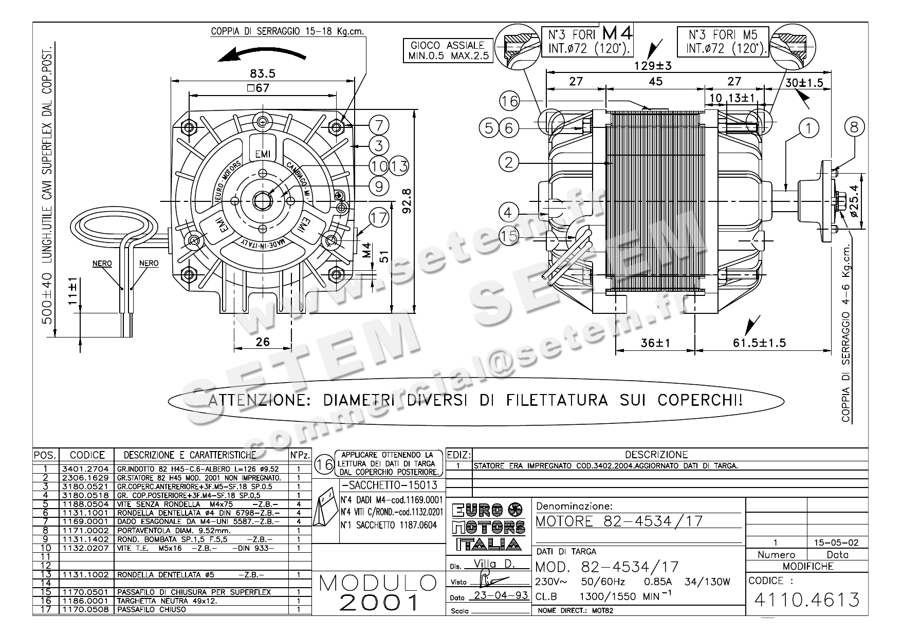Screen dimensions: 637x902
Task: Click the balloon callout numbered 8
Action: click(854, 126)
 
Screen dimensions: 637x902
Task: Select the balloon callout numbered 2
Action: click(509, 163)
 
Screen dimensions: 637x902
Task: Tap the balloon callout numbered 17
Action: click(379, 218)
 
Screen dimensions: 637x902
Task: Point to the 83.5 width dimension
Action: click(263, 73)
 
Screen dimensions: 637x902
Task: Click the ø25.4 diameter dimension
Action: click(854, 201)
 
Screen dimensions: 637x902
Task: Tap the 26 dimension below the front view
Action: click(263, 342)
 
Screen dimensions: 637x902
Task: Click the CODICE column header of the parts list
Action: click(87, 455)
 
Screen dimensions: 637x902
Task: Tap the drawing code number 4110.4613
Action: click(806, 599)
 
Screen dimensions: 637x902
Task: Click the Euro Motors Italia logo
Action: click(489, 526)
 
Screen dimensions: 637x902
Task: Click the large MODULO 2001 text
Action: click(378, 592)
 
